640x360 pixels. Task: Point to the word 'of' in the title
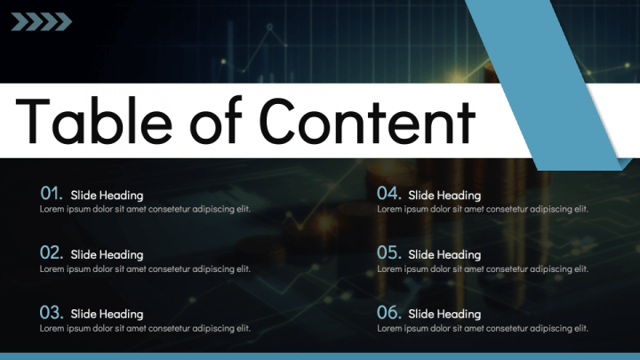point(217,121)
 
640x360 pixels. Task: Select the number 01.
point(52,193)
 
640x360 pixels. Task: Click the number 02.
point(52,252)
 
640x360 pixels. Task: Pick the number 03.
point(52,312)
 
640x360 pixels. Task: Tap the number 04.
point(389,193)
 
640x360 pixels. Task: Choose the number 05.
point(389,252)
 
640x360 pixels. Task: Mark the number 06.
point(389,312)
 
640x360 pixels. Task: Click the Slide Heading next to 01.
point(107,195)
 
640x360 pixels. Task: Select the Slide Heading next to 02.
point(107,254)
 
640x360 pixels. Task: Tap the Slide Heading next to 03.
point(107,314)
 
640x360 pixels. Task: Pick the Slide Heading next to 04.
point(444,195)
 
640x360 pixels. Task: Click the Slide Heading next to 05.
point(444,254)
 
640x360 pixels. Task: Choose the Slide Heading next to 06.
point(444,314)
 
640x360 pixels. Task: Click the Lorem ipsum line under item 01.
point(145,209)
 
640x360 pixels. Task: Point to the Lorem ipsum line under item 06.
point(483,328)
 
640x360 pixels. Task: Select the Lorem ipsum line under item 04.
point(483,209)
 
